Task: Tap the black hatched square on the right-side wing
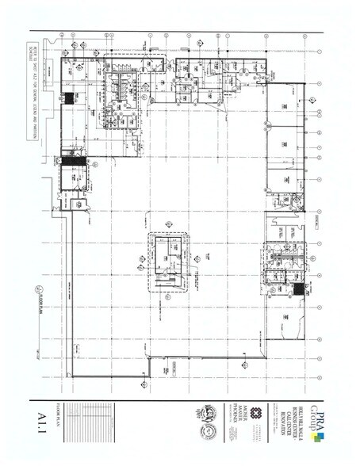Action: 299,290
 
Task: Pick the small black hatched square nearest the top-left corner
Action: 71,99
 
